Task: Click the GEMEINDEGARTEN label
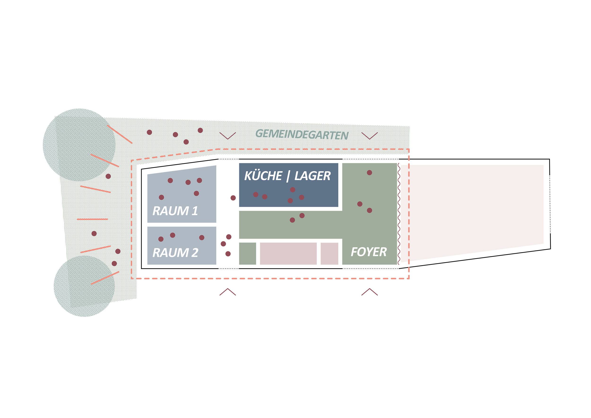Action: tap(302, 134)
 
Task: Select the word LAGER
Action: tap(313, 176)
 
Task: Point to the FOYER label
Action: tap(369, 252)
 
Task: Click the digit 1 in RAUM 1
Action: tap(195, 211)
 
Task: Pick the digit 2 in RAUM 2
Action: tap(195, 253)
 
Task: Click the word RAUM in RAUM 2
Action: tap(171, 253)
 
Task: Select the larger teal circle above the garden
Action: tap(79, 145)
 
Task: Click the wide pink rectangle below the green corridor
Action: tap(288, 253)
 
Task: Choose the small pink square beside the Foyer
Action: tap(330, 253)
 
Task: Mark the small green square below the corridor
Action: tap(248, 253)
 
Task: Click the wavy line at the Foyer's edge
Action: tap(399, 214)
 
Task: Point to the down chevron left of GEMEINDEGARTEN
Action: tap(228, 136)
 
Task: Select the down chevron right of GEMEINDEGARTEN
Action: tap(370, 136)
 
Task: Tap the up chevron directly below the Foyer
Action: tap(370, 292)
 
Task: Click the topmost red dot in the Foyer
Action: tap(369, 172)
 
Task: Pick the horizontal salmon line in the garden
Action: tap(92, 219)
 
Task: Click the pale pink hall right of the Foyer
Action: tap(472, 211)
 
